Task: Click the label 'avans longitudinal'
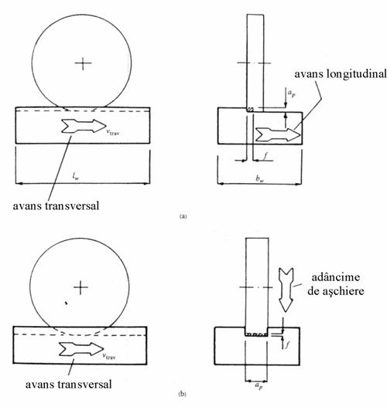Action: pos(341,74)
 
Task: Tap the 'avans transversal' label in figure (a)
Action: pos(56,206)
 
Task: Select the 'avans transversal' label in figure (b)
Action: pos(69,385)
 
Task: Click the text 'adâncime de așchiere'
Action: pos(335,284)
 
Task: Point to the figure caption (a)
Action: pos(183,216)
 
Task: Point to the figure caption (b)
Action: pos(183,394)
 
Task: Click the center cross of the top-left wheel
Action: pos(83,63)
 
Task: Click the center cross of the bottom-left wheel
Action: pos(80,287)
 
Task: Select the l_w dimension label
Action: pos(76,177)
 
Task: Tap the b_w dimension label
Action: pos(259,178)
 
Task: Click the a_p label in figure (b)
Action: pos(259,386)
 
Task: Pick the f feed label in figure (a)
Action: pos(265,155)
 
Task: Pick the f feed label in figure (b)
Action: pos(287,344)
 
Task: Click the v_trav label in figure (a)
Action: pos(113,132)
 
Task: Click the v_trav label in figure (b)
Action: pos(109,356)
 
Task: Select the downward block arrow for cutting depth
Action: pos(286,290)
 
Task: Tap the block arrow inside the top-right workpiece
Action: pos(278,134)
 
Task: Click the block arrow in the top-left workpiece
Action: pos(84,126)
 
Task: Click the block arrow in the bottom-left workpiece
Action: pos(81,349)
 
